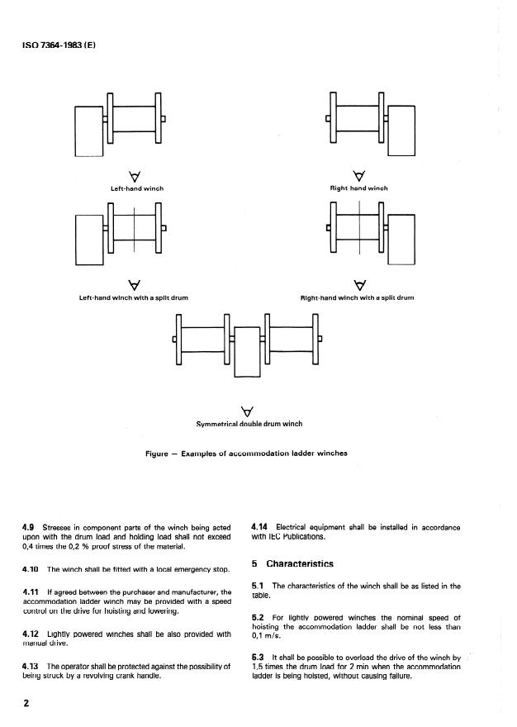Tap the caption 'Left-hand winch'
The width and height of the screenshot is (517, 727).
coord(137,188)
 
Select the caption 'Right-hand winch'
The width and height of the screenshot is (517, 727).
coord(358,188)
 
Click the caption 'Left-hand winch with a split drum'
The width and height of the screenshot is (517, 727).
coord(134,297)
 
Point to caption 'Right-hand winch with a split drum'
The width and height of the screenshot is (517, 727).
coord(358,297)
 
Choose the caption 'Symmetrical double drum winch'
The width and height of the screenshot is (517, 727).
coord(249,424)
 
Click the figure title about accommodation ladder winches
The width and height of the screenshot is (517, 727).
coord(246,453)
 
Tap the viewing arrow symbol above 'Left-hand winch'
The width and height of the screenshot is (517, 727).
coord(134,175)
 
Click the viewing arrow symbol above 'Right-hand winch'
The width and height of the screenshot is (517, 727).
coord(358,175)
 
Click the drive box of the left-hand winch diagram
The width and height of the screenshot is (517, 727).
coord(88,131)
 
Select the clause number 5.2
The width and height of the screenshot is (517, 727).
coord(256,617)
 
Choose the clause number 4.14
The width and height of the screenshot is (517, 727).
coord(258,527)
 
